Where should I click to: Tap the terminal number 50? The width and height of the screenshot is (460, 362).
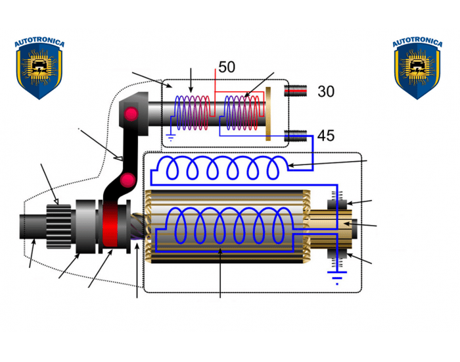[227, 67]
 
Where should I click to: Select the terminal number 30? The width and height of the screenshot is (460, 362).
[326, 91]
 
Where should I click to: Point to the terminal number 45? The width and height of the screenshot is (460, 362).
[326, 136]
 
